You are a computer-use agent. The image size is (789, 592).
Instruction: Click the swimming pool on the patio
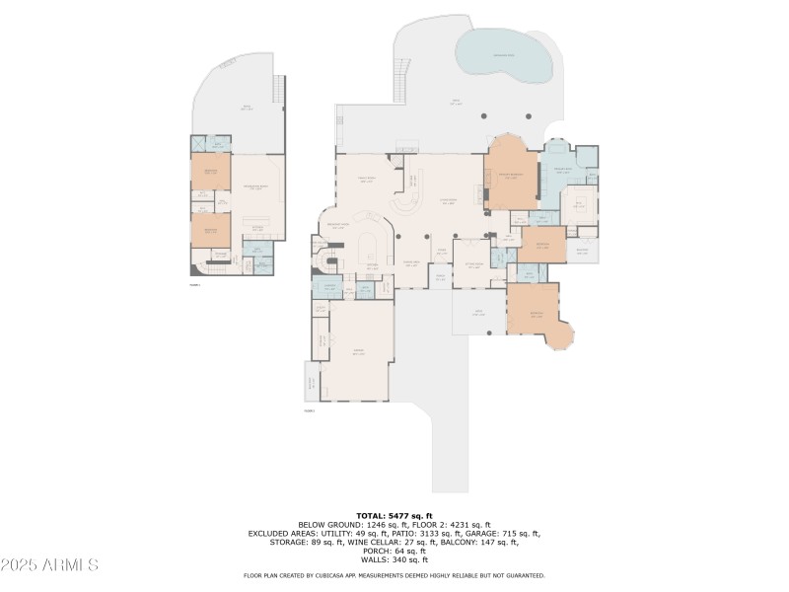503,55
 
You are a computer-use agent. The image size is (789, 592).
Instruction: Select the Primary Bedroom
511,175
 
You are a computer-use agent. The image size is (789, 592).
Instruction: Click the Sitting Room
473,264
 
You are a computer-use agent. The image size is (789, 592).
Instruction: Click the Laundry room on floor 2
326,287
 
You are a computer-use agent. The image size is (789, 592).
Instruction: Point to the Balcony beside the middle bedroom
582,249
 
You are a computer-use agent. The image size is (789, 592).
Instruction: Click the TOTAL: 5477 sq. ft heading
394,514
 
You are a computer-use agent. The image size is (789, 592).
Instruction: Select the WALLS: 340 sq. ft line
394,559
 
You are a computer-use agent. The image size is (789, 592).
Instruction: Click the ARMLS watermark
49,564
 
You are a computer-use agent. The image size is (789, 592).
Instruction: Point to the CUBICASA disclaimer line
394,575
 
